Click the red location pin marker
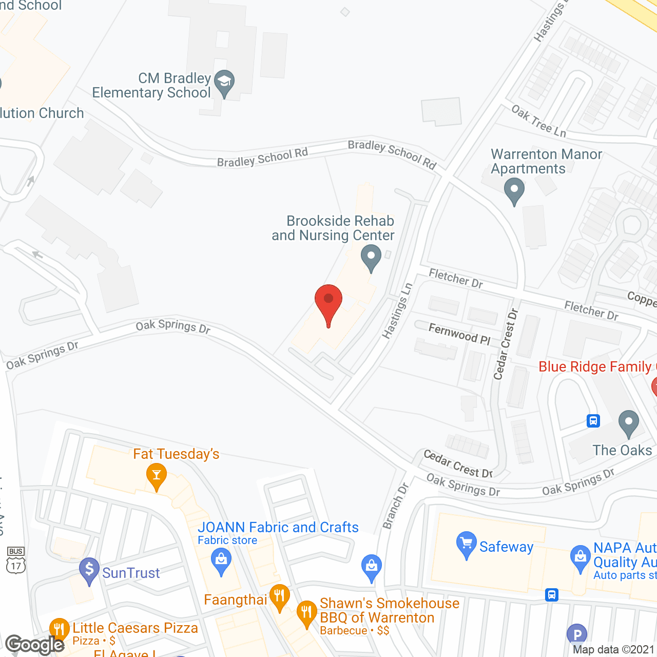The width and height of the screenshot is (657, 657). click(x=328, y=303)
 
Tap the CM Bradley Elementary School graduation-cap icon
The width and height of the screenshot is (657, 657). click(x=224, y=82)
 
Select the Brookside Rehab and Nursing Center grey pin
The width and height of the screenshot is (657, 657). click(x=371, y=257)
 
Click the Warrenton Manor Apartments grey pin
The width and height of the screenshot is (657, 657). click(x=514, y=190)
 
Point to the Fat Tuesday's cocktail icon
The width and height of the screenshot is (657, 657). click(x=157, y=475)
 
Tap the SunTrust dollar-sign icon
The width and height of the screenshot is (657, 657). click(x=89, y=570)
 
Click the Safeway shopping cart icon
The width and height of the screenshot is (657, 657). click(x=466, y=544)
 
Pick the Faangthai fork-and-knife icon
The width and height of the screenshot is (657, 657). click(x=279, y=597)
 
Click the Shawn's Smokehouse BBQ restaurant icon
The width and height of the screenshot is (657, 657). click(x=306, y=613)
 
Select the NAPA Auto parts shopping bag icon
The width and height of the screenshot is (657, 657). click(x=581, y=557)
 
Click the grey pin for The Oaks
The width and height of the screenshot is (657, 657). click(x=628, y=423)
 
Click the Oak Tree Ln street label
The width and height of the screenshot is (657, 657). click(x=539, y=121)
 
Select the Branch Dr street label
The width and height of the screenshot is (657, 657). click(x=396, y=506)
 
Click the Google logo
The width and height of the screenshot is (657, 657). click(x=34, y=645)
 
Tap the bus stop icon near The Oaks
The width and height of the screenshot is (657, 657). click(x=593, y=421)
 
